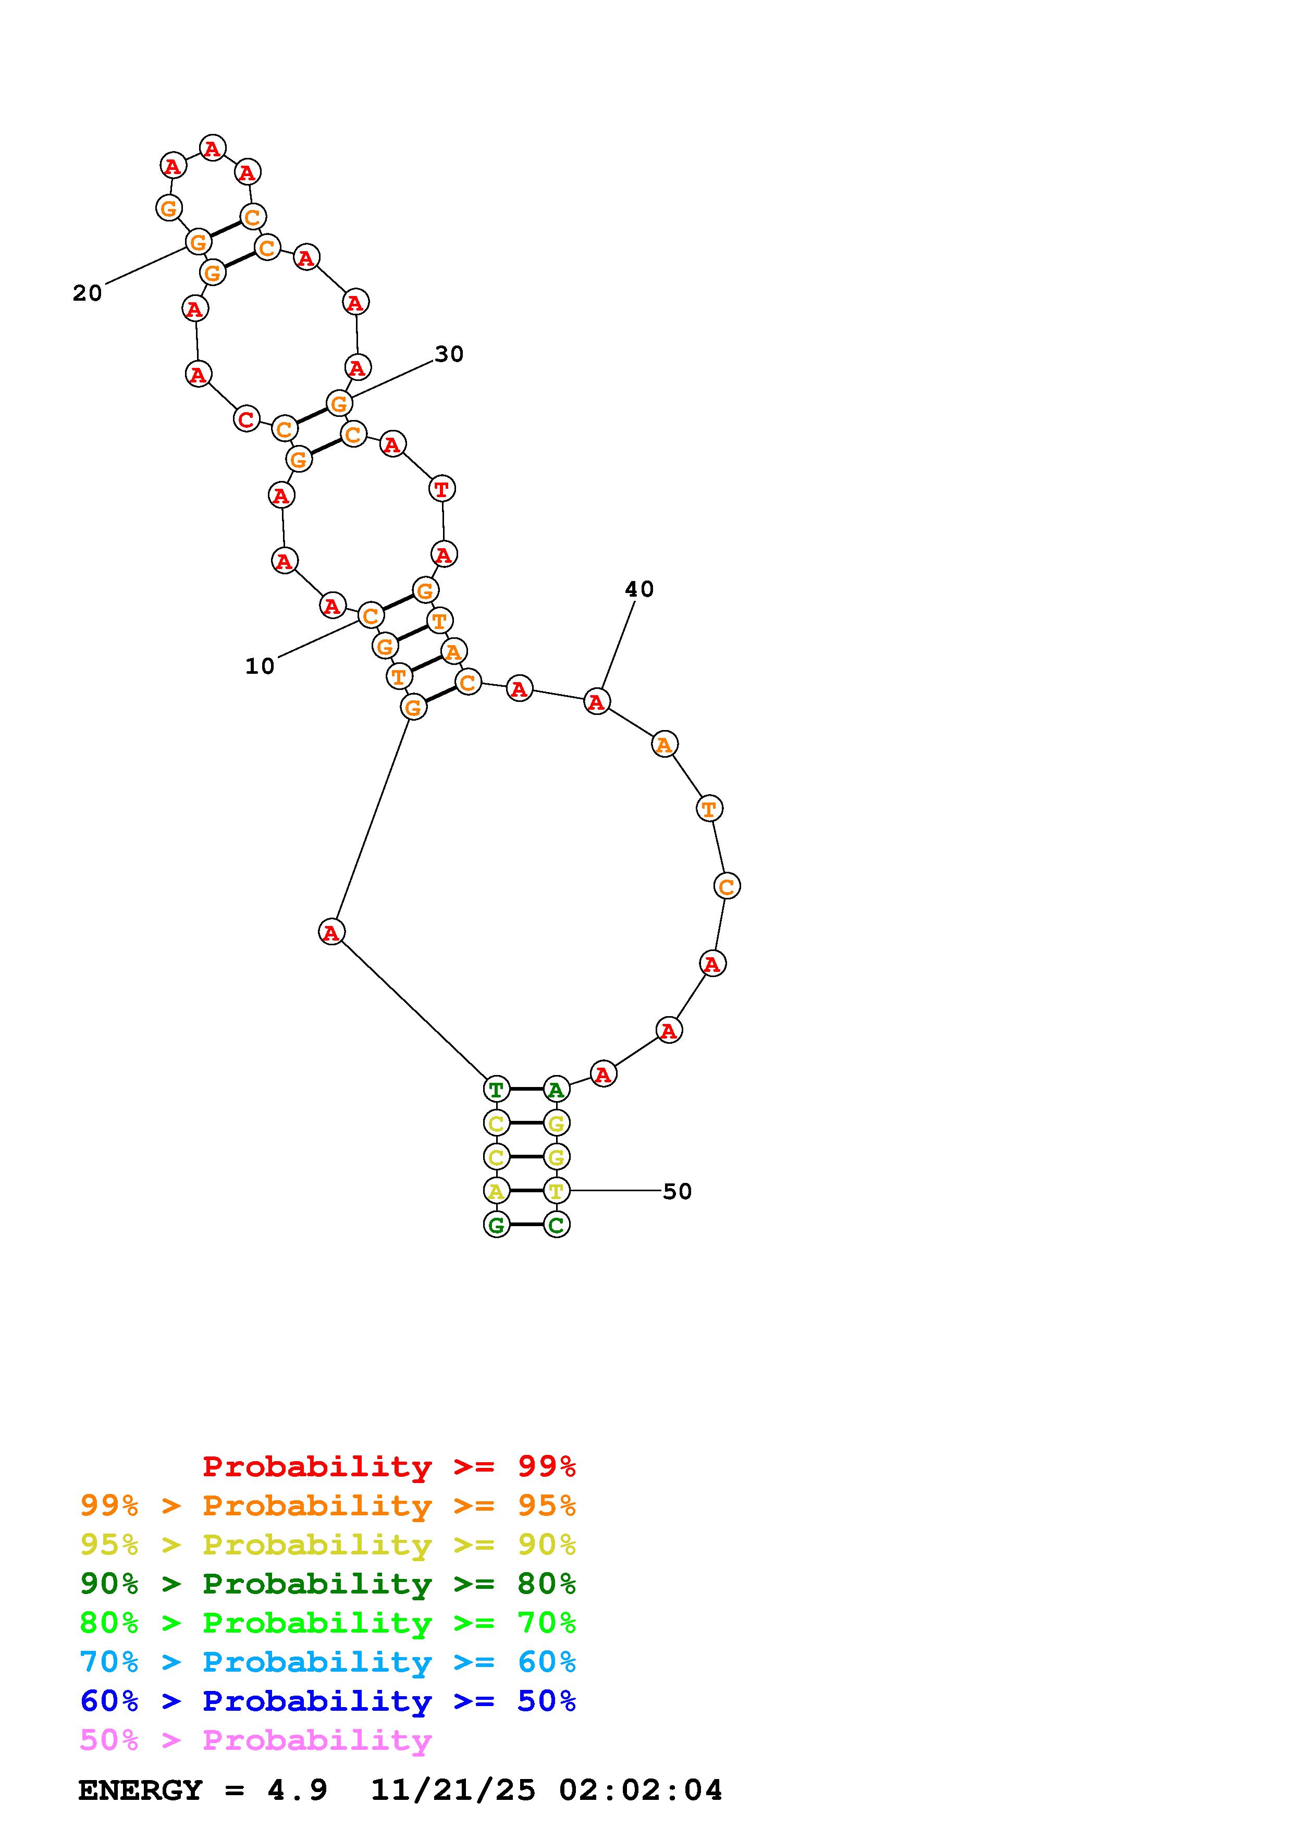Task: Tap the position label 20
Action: (88, 293)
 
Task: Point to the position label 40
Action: (639, 589)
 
